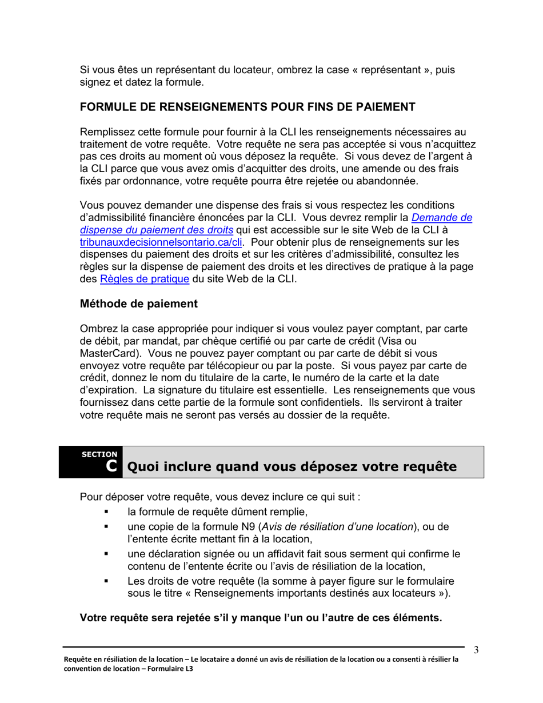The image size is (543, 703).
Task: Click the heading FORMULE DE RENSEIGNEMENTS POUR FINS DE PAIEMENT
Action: coord(247,107)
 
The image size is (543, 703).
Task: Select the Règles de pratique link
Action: coord(145,279)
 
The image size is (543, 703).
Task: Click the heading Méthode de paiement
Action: coord(139,304)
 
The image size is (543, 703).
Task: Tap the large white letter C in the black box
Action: coord(112,466)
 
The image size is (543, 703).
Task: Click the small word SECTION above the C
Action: coord(99,454)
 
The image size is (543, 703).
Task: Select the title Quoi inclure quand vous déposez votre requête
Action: coord(291,467)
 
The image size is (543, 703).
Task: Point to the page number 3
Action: coord(476,650)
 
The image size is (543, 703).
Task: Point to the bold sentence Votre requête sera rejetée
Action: coord(261,618)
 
